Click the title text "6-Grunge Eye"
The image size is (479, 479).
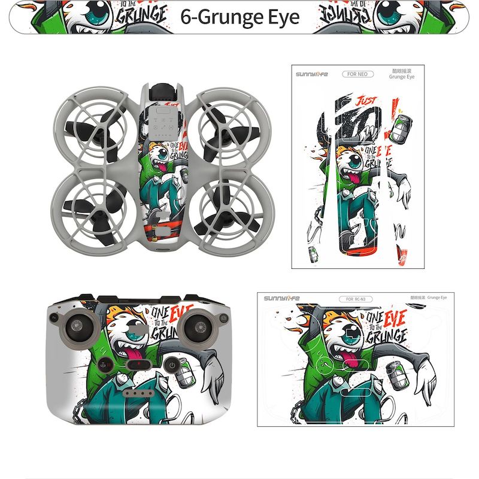click(239, 17)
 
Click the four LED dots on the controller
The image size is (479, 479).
click(137, 395)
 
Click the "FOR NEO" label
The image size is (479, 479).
click(358, 74)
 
